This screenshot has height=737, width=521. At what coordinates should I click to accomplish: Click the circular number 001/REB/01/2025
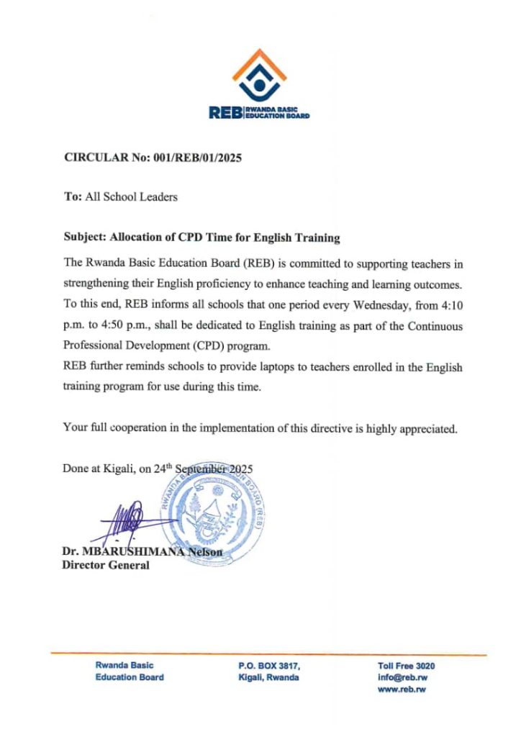pos(196,158)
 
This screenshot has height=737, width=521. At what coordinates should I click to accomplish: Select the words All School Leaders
pos(131,196)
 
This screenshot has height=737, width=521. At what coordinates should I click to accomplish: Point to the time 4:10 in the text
pos(448,305)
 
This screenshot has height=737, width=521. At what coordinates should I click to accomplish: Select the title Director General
pos(106,565)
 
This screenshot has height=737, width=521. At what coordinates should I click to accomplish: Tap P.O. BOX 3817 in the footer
pos(268,666)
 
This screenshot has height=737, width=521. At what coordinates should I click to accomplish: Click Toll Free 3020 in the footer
pos(405,666)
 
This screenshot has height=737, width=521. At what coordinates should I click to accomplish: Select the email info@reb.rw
pos(402,677)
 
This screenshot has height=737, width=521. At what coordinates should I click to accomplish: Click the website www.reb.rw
pos(402,689)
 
